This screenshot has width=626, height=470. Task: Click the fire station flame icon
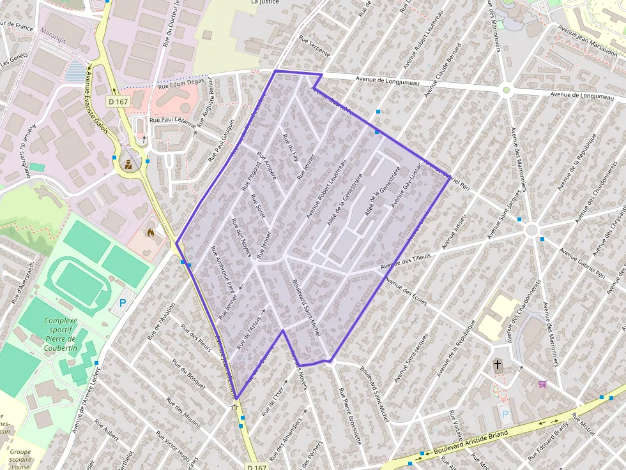tap(151, 234)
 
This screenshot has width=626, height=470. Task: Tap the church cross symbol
tap(498, 365)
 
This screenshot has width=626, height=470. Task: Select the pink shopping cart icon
tap(542, 384)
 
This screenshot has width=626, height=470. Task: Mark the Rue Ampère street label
tap(266, 165)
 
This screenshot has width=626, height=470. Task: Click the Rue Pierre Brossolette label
tap(350, 415)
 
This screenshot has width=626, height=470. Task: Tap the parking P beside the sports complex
tap(122, 304)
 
